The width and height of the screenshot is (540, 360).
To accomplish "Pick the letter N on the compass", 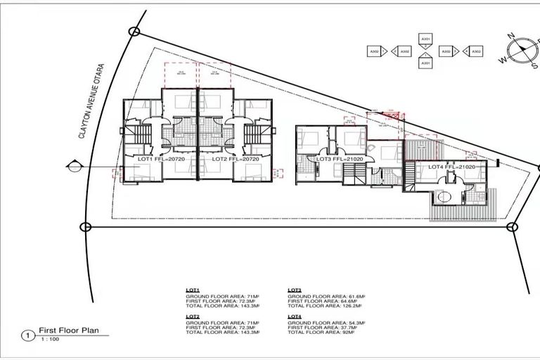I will [513, 37].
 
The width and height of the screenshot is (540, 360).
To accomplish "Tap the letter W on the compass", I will [503, 60].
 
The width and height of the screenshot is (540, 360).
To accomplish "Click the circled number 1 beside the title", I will [27, 336].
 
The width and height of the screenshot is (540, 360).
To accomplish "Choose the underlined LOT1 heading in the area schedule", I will [193, 290].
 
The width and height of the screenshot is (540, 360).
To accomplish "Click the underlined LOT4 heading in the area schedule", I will [295, 316].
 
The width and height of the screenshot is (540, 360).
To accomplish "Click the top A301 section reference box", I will [425, 39].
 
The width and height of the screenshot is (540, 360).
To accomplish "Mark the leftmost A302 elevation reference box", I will [375, 51].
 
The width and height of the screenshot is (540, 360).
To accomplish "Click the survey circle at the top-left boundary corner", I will [134, 31].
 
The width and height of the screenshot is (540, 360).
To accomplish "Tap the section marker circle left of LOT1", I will [72, 167].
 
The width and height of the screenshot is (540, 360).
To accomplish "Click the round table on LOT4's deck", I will [444, 198].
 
